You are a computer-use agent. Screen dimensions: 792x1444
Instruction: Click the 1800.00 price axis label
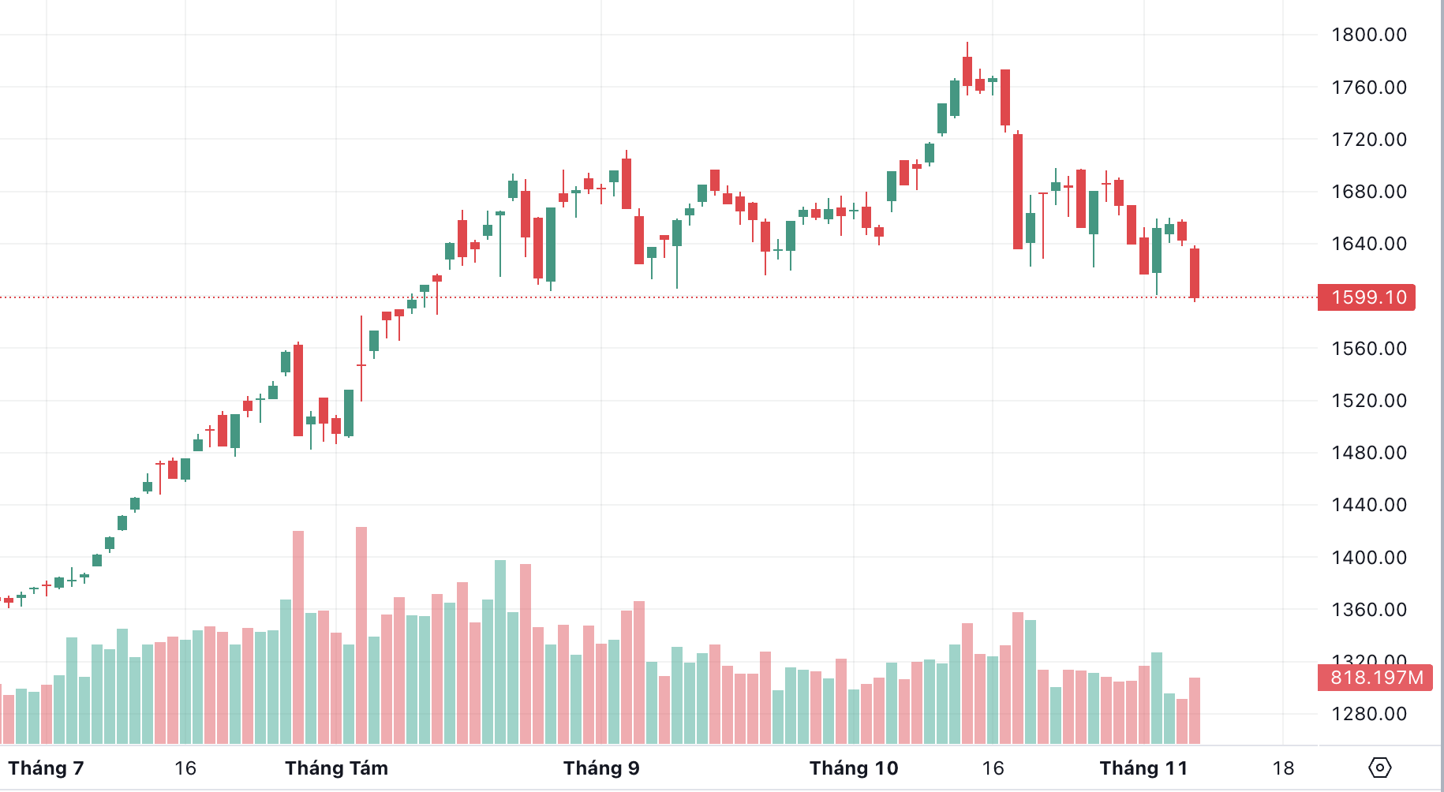click(x=1368, y=35)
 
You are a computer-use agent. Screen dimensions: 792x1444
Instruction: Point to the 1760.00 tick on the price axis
click(x=1368, y=88)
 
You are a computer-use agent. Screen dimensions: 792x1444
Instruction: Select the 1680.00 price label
click(x=1368, y=192)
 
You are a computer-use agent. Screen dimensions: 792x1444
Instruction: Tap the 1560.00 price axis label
click(x=1368, y=349)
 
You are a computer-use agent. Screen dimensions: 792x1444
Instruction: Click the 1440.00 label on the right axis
click(x=1368, y=505)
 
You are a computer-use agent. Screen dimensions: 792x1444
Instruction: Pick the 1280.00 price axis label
click(x=1368, y=714)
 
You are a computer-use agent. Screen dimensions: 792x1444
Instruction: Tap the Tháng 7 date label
click(x=46, y=768)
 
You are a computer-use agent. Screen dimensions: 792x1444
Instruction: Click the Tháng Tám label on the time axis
click(x=336, y=768)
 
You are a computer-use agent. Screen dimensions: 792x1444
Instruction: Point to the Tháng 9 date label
click(x=601, y=768)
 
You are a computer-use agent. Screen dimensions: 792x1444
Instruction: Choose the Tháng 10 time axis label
click(x=854, y=768)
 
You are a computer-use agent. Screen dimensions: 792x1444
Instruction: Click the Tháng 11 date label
click(x=1143, y=768)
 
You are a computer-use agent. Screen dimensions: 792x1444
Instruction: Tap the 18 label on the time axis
click(x=1283, y=768)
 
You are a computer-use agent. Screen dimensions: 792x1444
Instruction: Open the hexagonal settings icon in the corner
click(x=1380, y=768)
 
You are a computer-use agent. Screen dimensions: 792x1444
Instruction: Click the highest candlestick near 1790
click(x=967, y=71)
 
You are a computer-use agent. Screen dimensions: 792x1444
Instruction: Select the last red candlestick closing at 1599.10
click(x=1195, y=273)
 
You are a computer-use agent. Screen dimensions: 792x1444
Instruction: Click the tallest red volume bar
click(x=361, y=635)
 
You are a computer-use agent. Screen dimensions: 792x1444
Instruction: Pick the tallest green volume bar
click(x=500, y=652)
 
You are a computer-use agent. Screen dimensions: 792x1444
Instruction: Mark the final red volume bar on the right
click(x=1195, y=710)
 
